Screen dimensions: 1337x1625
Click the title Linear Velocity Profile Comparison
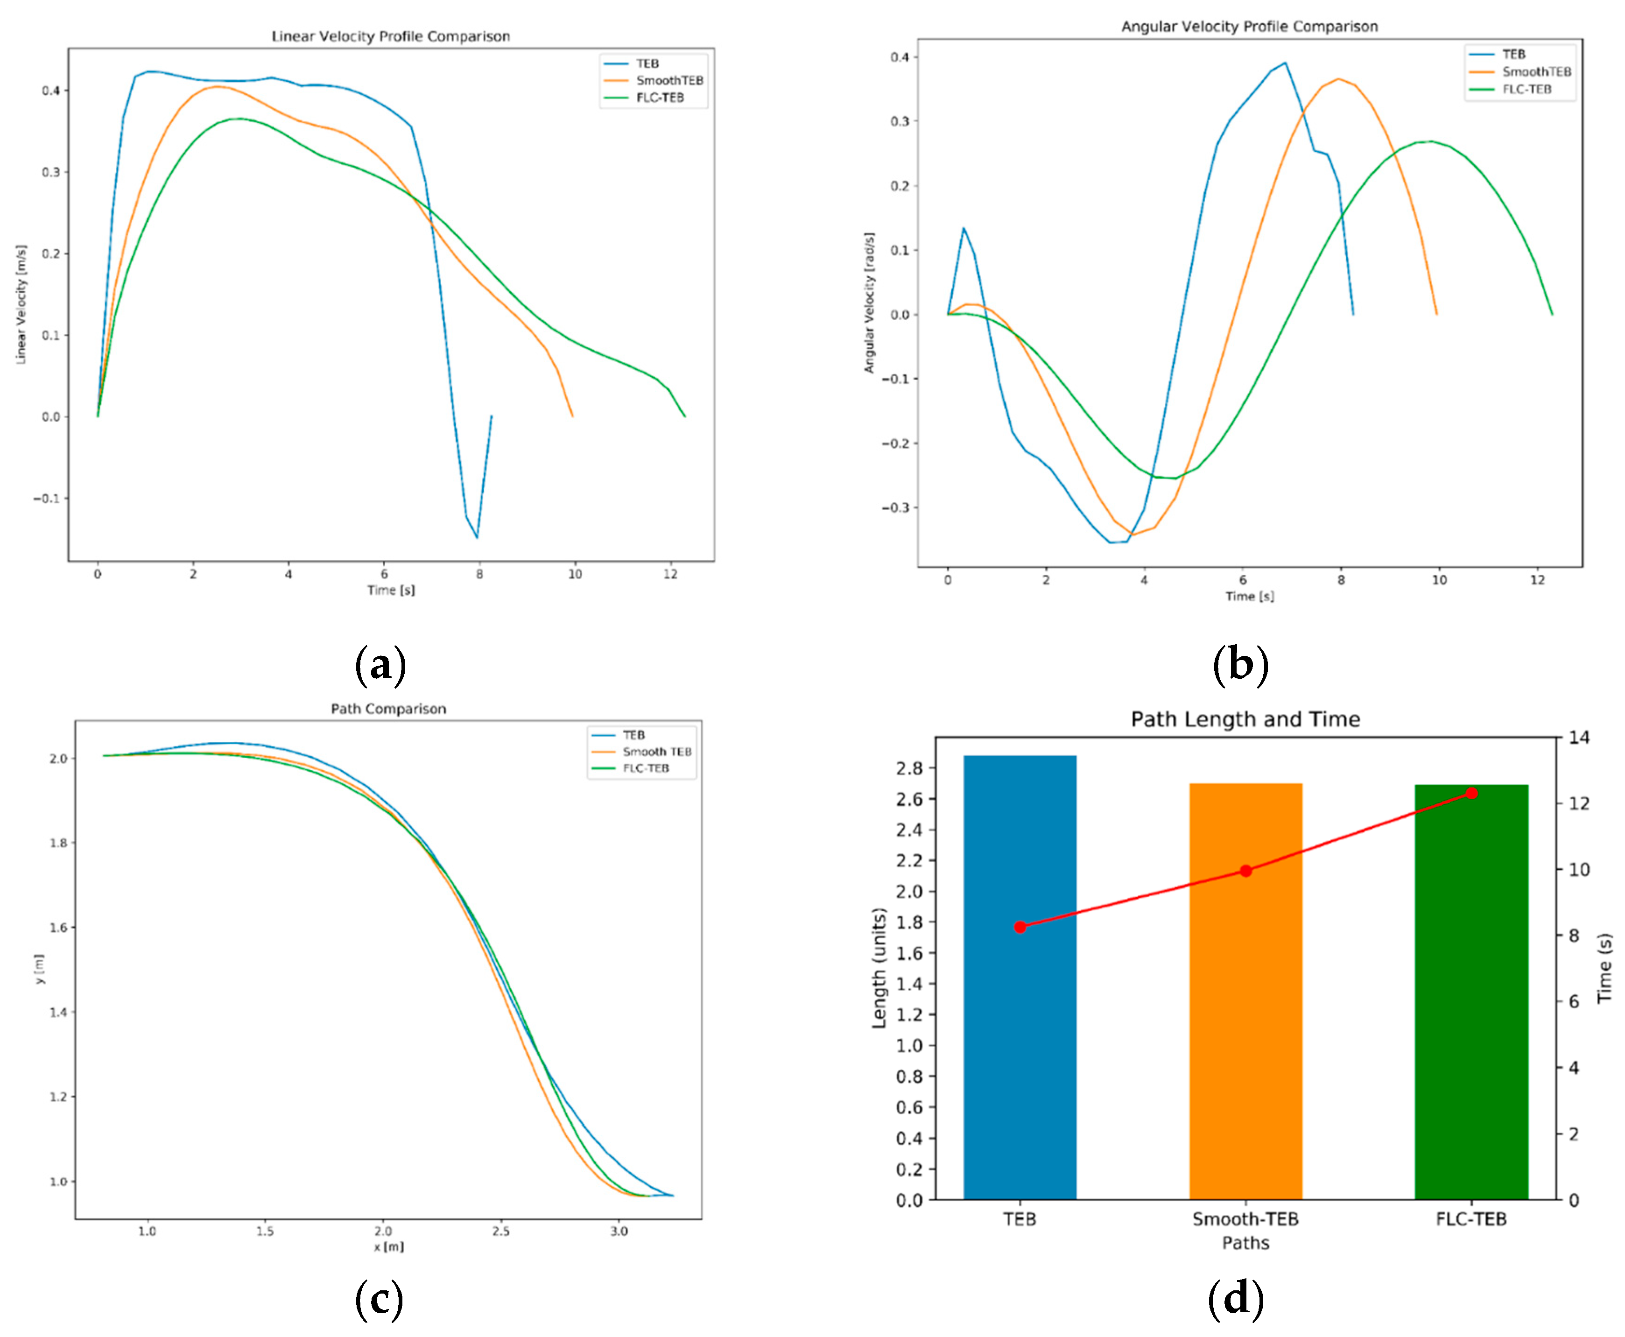[x=390, y=36]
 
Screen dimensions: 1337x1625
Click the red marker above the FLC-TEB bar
[x=1471, y=793]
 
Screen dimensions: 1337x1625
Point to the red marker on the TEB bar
[x=1020, y=927]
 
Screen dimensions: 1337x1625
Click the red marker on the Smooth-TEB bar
[x=1245, y=871]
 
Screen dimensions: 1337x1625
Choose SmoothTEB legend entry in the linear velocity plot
[x=668, y=80]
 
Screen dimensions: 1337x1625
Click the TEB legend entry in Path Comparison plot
[x=633, y=735]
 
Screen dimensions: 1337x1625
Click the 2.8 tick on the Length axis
[x=909, y=768]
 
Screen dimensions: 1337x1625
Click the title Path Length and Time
[x=1245, y=719]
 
